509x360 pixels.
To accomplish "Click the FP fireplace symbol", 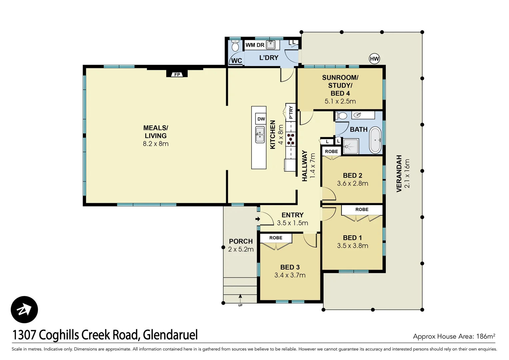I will (x=177, y=74).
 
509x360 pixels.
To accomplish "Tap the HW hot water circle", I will (x=374, y=59).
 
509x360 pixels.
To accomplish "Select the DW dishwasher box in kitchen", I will (x=261, y=119).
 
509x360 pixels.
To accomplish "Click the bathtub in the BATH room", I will (x=376, y=140).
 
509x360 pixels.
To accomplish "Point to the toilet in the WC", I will (x=235, y=46).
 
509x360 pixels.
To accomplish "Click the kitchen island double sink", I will (x=260, y=135).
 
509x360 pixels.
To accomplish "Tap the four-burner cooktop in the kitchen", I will (x=291, y=139).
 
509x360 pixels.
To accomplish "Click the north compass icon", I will (x=24, y=310).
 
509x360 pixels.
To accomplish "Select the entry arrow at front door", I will (x=257, y=219).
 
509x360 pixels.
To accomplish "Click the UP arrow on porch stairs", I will (x=240, y=296).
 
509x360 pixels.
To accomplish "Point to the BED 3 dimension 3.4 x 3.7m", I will (x=290, y=275).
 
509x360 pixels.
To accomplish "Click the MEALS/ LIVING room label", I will (x=156, y=132).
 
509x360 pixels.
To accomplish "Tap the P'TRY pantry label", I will (x=291, y=112).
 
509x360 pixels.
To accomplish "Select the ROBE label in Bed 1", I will (x=362, y=209).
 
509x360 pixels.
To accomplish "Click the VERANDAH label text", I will (x=399, y=173).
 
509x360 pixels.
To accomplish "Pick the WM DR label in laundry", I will (x=255, y=45).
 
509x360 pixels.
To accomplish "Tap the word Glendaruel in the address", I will (x=170, y=335).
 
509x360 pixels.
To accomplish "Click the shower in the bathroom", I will (x=351, y=147).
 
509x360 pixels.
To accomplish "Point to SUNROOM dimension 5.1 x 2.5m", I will (x=340, y=101).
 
